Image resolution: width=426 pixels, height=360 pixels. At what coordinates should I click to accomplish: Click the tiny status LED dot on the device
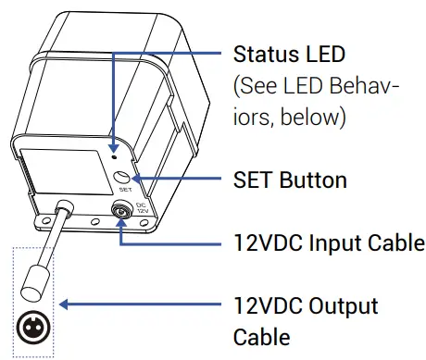[x=112, y=145]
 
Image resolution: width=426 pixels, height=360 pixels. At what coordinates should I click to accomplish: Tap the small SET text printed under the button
[x=123, y=190]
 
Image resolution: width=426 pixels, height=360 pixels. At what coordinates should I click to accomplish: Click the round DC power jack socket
[x=121, y=213]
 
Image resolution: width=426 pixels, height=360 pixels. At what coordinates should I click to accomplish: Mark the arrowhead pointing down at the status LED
[x=112, y=136]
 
